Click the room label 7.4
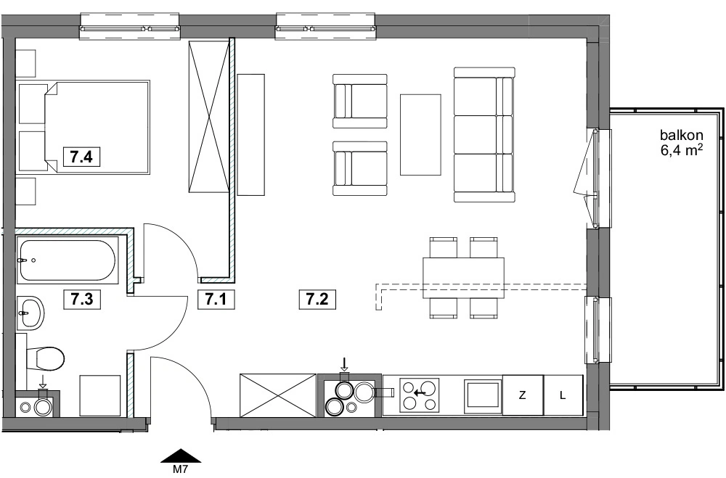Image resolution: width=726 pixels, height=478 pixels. (x=81, y=157)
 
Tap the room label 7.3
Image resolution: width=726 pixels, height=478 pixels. (x=81, y=299)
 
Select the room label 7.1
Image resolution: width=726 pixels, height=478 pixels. (x=216, y=299)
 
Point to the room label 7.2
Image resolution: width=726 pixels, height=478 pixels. (x=317, y=299)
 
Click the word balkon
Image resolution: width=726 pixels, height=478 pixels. (x=682, y=135)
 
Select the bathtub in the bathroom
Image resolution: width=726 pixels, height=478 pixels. (x=68, y=260)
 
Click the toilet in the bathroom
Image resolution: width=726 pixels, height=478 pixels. (x=45, y=359)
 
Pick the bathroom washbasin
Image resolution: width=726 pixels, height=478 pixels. (x=30, y=313)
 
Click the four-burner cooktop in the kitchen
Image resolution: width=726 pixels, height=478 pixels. (x=419, y=395)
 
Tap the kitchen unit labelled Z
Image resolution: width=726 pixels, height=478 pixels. (x=523, y=395)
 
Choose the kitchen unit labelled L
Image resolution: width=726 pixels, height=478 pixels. (x=563, y=395)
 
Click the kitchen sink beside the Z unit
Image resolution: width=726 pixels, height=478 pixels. (x=484, y=396)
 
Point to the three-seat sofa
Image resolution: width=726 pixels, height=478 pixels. (x=484, y=135)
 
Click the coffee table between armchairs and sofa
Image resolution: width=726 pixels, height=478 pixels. (x=420, y=135)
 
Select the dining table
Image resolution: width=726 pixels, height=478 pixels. (x=463, y=278)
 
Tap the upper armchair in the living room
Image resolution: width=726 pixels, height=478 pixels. (x=360, y=101)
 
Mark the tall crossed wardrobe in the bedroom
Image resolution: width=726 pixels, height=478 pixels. (x=209, y=116)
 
